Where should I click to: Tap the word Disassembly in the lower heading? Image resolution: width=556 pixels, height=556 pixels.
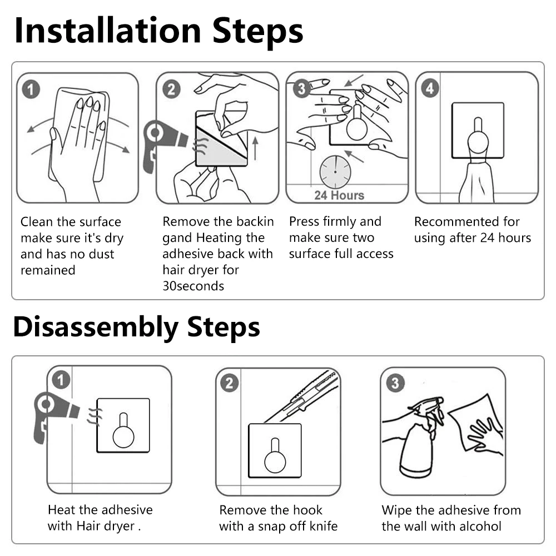click(96, 327)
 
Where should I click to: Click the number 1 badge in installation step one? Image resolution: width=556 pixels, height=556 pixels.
click(31, 90)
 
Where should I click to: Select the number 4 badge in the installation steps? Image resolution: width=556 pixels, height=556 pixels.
click(430, 88)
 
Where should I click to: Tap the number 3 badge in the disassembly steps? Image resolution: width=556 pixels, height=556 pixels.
click(395, 383)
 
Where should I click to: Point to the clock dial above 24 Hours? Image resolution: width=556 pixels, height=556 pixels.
click(335, 172)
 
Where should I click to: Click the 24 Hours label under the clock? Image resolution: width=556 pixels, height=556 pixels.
click(339, 195)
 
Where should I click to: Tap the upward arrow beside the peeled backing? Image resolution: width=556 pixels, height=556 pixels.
click(255, 149)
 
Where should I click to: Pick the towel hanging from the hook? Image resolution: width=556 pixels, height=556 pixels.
click(477, 182)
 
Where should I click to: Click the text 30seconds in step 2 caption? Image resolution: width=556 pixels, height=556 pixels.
click(193, 286)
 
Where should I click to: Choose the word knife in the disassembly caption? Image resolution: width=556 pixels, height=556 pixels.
click(324, 526)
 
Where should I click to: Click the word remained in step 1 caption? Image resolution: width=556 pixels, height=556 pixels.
click(48, 270)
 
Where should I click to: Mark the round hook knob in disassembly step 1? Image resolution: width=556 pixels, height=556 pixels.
click(123, 436)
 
